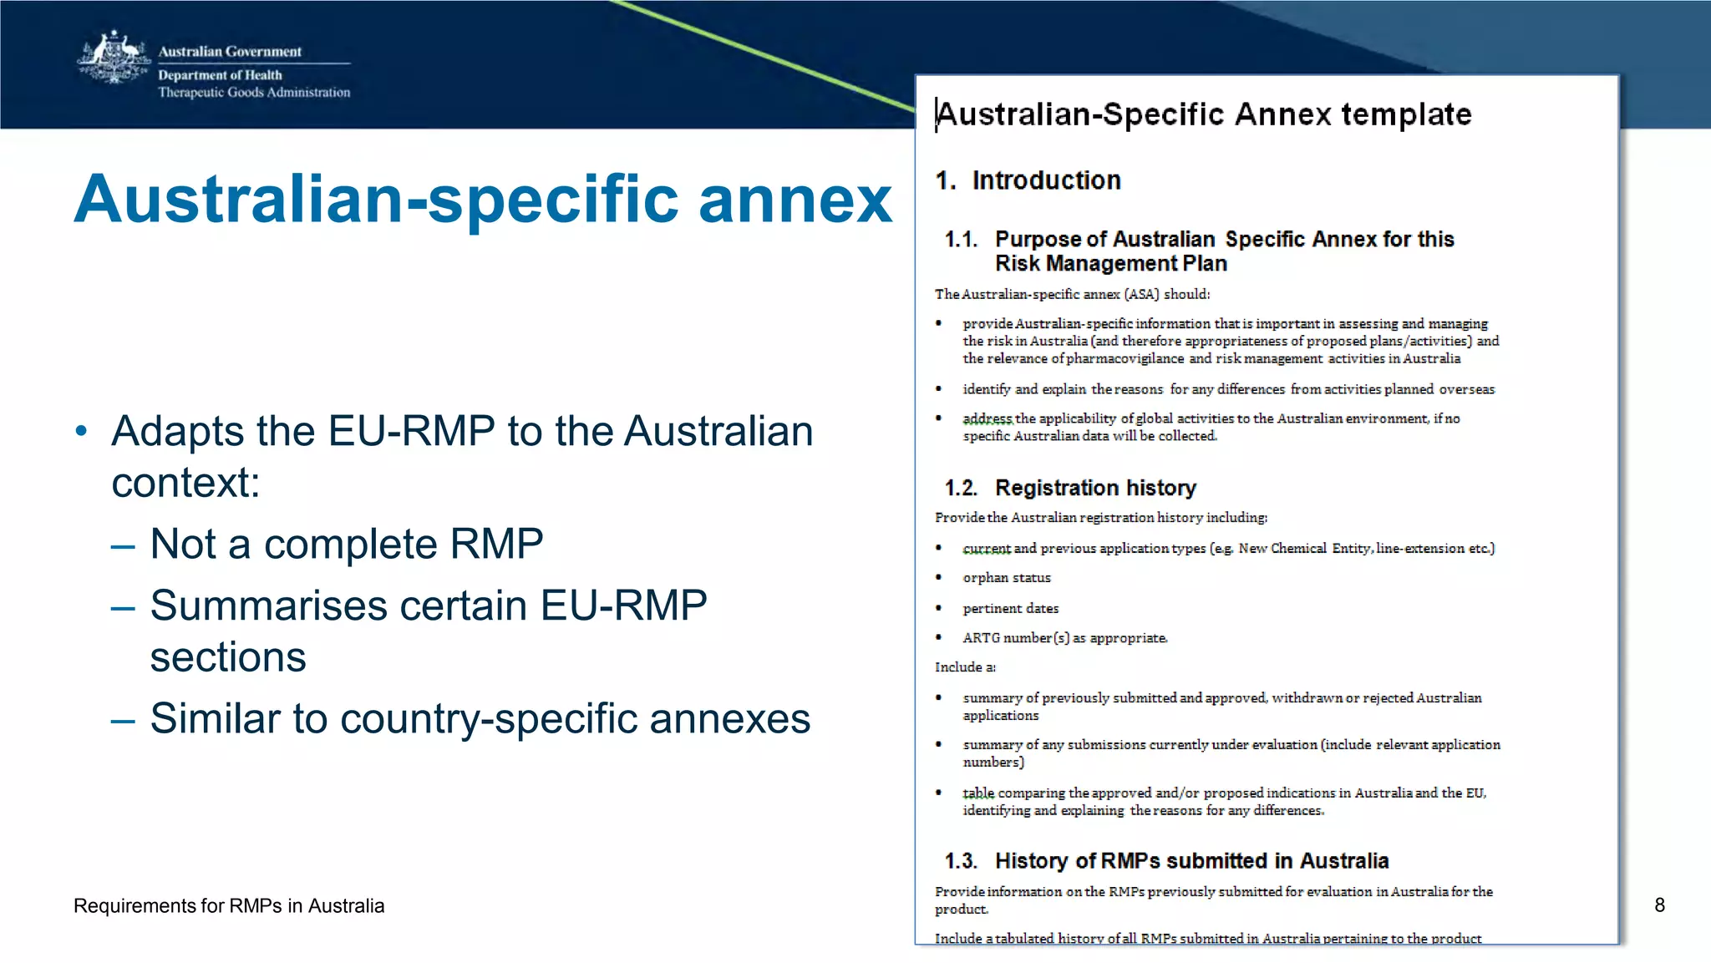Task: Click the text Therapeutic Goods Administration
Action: click(254, 93)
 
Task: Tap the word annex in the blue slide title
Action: click(795, 200)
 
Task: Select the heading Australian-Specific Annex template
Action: click(1203, 114)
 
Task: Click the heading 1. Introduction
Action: click(1028, 180)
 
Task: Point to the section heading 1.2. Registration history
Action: click(1070, 488)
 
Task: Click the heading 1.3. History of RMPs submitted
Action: click(1166, 861)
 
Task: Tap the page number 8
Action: click(1659, 905)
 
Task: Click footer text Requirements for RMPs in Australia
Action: click(229, 906)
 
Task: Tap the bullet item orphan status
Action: click(1006, 578)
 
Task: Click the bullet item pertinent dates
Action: click(1010, 609)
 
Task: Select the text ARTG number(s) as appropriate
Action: click(1064, 638)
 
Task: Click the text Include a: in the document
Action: click(965, 667)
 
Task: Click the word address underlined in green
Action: click(987, 418)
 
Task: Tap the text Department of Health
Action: click(220, 75)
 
